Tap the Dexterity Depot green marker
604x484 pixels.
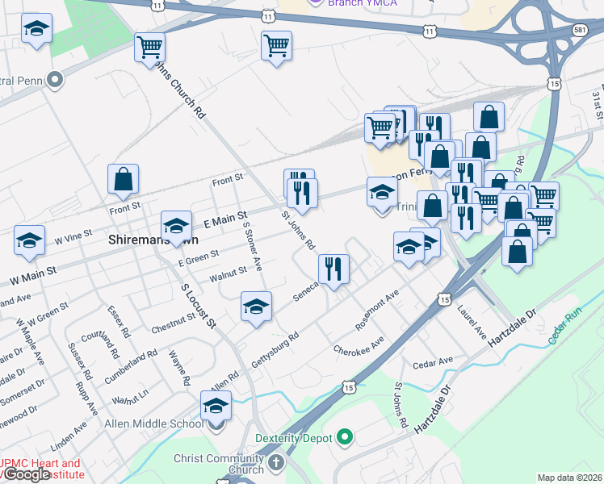pyautogui.click(x=345, y=438)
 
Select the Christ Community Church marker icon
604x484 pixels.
pyautogui.click(x=276, y=464)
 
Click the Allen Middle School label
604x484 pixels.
pyautogui.click(x=154, y=423)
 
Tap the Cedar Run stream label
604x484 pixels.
pyautogui.click(x=565, y=327)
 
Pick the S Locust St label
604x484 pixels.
pyautogui.click(x=199, y=305)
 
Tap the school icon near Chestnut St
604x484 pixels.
pyautogui.click(x=256, y=307)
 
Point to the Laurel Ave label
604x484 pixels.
pyautogui.click(x=472, y=321)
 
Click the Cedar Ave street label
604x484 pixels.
pyautogui.click(x=433, y=362)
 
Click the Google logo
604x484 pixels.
pyautogui.click(x=26, y=474)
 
